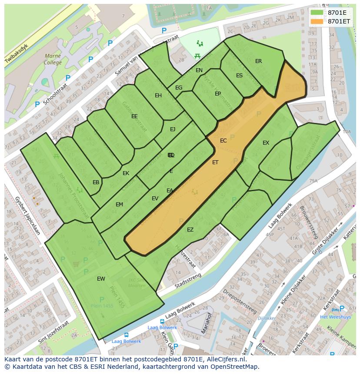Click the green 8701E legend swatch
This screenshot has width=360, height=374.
[x=317, y=13]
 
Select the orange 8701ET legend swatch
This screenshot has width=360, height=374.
[x=317, y=21]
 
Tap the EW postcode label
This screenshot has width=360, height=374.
[x=101, y=279]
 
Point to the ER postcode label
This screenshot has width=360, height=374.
[x=259, y=61]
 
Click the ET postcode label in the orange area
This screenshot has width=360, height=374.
[x=215, y=162]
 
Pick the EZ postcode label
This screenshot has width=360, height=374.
[x=190, y=230]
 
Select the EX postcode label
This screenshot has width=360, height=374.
[x=266, y=143]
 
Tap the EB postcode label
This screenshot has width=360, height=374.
[x=96, y=182]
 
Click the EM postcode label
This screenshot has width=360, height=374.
[x=119, y=205]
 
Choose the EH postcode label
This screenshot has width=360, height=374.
[x=158, y=96]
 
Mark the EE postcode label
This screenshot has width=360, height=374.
[x=134, y=116]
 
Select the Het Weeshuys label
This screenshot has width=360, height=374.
[x=335, y=317]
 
